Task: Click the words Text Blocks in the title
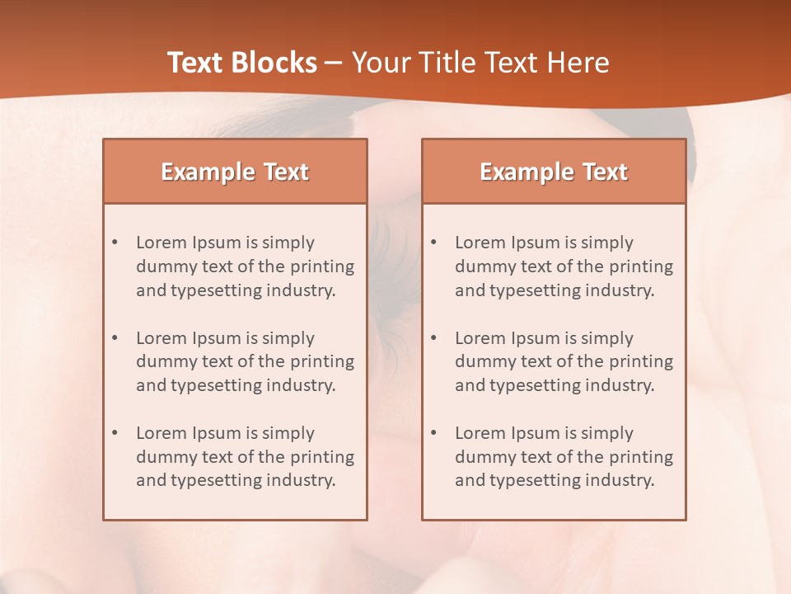click(x=241, y=63)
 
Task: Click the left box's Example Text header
click(x=235, y=172)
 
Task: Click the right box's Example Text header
click(x=554, y=172)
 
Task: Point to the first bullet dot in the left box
click(x=115, y=243)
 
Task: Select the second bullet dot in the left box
click(x=115, y=338)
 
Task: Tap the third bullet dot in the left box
click(x=115, y=433)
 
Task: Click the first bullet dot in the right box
click(x=434, y=243)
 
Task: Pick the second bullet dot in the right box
click(x=434, y=338)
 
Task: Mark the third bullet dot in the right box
click(x=434, y=433)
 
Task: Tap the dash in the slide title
click(x=334, y=63)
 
